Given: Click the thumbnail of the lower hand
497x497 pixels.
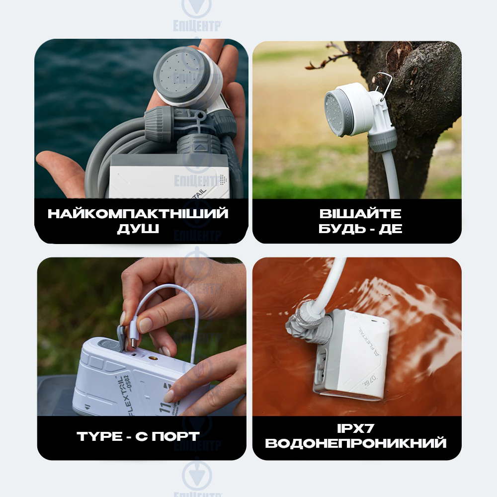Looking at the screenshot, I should click(x=169, y=396).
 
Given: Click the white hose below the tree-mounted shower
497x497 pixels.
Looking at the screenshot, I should click(x=393, y=174).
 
